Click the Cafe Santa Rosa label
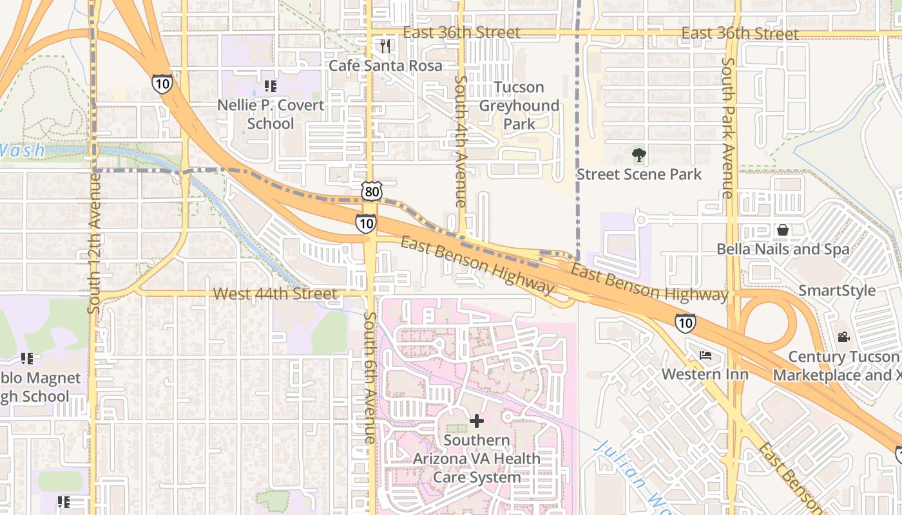[385, 66]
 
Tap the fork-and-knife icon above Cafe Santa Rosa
[385, 46]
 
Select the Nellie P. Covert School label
[271, 114]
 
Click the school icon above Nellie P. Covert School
[271, 86]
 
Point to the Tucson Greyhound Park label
[519, 105]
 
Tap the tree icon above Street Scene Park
[638, 154]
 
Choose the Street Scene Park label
[638, 174]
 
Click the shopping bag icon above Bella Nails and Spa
[782, 230]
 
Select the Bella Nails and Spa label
[782, 249]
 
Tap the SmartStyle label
[837, 290]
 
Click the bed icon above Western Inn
[705, 355]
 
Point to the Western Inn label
[705, 374]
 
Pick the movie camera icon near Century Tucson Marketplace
[843, 337]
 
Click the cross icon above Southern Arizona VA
[476, 421]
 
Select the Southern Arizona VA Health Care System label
[476, 459]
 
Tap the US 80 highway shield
[372, 191]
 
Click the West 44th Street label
[275, 294]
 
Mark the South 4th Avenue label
[461, 142]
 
